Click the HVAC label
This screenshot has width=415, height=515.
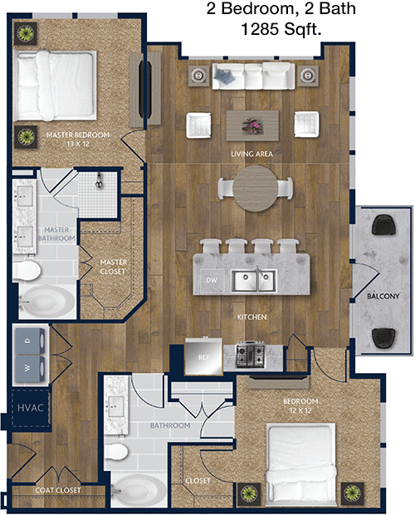pos(30,408)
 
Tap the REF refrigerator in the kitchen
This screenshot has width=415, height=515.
pos(203,356)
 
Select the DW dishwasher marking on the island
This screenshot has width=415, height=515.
pos(212,280)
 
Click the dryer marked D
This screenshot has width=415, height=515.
pos(29,341)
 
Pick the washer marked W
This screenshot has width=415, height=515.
pos(29,369)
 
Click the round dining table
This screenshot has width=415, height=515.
pos(256,189)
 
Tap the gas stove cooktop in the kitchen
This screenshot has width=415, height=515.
pos(251,355)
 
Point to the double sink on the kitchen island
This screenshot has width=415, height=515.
pos(255,280)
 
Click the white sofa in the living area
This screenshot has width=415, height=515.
pos(253,76)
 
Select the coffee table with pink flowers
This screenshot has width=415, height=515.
pos(252,125)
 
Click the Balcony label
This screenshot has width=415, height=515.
pos(383,297)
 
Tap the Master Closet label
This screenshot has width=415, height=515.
pos(113,267)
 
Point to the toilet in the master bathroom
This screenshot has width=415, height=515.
pos(27,271)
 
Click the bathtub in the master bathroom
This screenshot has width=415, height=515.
pos(48,302)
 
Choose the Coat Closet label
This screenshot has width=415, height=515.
pos(58,490)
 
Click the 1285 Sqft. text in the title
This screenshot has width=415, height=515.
pos(281,29)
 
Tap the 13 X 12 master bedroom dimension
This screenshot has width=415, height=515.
pos(78,144)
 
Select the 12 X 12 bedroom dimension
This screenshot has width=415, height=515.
pos(300,410)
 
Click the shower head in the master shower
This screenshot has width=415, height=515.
pos(99,181)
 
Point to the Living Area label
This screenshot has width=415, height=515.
pos(251,154)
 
